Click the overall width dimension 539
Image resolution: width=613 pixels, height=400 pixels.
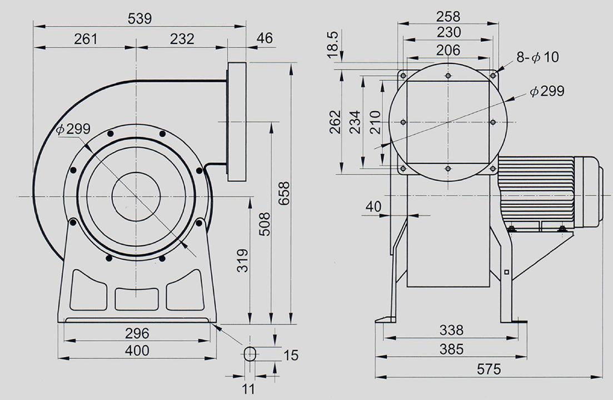(139, 18)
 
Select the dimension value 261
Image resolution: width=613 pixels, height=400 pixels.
(85, 39)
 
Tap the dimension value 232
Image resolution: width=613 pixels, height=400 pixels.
(182, 39)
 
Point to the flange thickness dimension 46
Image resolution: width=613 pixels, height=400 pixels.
(265, 39)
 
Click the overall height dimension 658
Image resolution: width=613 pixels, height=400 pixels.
(283, 193)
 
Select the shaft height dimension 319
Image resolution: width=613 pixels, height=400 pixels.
(242, 260)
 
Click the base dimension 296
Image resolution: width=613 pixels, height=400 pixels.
(137, 333)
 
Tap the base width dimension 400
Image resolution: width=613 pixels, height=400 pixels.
(137, 350)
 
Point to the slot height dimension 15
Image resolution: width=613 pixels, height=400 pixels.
(291, 355)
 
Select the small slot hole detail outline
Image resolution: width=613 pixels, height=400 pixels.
(251, 354)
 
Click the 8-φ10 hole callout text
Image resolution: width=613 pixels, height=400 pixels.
(537, 57)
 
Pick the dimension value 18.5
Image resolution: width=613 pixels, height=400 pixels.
(333, 45)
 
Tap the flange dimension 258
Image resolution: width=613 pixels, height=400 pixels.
(448, 15)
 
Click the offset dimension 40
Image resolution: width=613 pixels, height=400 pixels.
(374, 207)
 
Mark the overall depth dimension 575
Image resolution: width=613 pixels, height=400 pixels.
(489, 368)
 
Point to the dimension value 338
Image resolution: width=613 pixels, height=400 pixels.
(451, 330)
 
